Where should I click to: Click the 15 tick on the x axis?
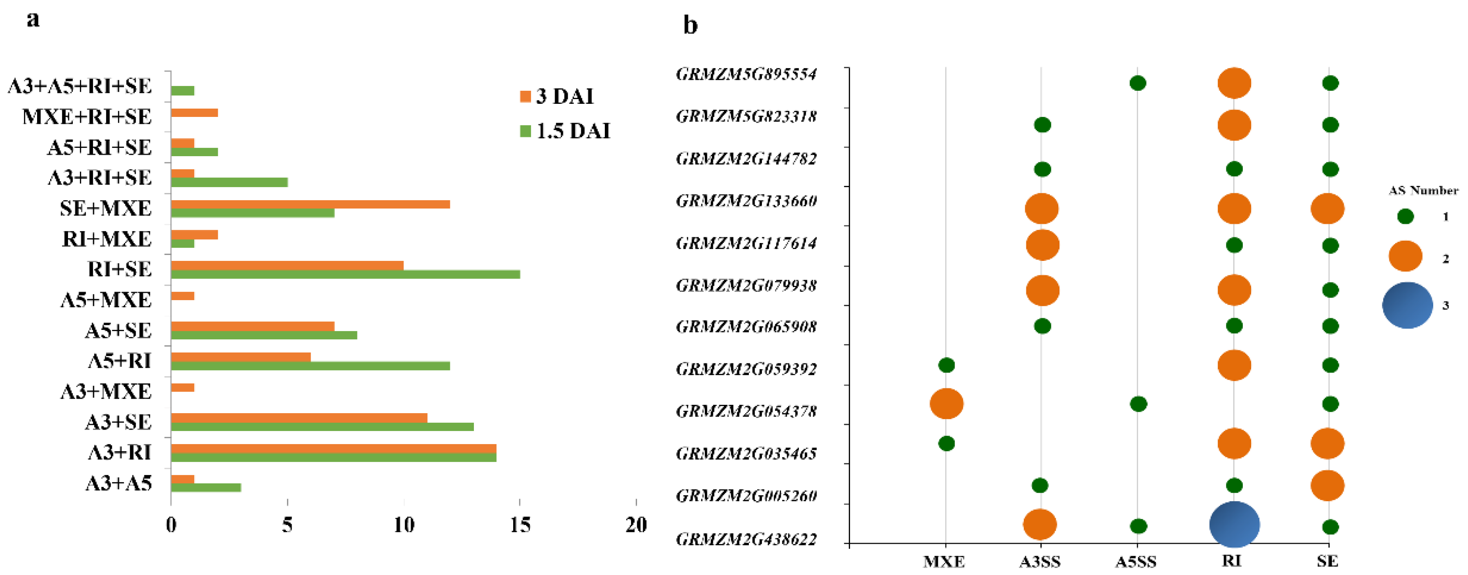pos(520,525)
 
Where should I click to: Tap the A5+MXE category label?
pos(106,300)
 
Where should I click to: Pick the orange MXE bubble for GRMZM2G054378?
pos(947,404)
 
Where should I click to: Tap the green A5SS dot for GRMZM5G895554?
pos(1138,83)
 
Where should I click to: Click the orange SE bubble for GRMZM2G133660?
pos(1327,209)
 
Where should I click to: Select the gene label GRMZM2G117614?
pos(746,244)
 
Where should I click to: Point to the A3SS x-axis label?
pos(1040,562)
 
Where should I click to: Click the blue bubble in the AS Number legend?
pos(1407,305)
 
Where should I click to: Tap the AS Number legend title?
pos(1423,190)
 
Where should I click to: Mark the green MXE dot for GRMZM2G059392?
pos(947,365)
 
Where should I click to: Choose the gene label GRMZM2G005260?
pos(746,496)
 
